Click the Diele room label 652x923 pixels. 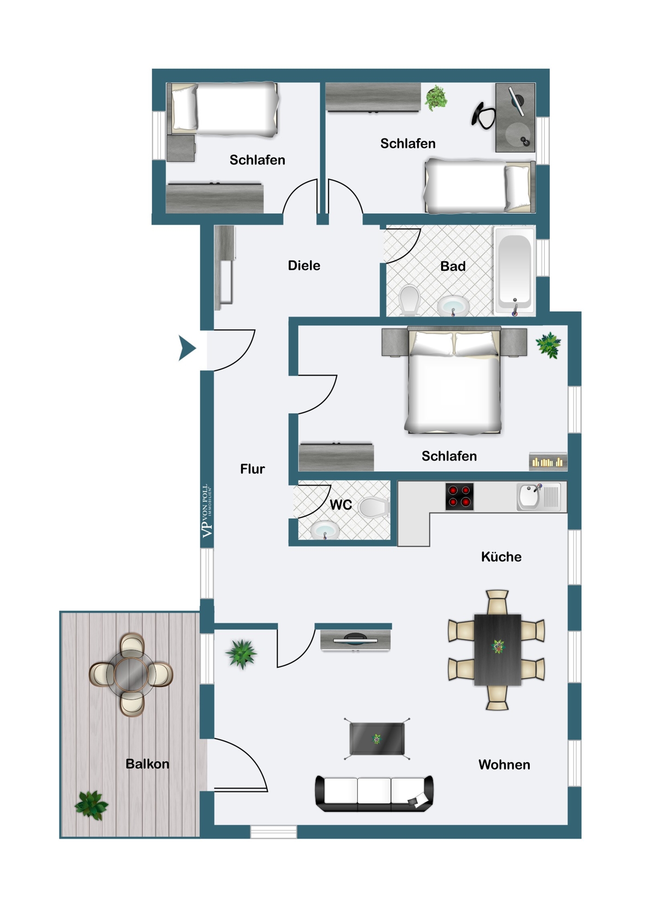[304, 265]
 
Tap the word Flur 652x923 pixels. [252, 469]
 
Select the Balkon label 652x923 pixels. [147, 764]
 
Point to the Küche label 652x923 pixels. [501, 557]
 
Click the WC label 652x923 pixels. [341, 505]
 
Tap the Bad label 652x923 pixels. [453, 266]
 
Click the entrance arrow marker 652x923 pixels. [187, 348]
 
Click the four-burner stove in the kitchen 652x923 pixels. [460, 497]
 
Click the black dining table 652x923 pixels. [497, 649]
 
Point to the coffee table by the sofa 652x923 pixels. [377, 739]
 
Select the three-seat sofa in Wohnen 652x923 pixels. [374, 793]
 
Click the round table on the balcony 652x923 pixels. [132, 674]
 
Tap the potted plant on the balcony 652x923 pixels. [91, 805]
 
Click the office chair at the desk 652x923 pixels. [483, 116]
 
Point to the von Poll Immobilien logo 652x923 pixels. [207, 511]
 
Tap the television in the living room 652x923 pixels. [355, 640]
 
